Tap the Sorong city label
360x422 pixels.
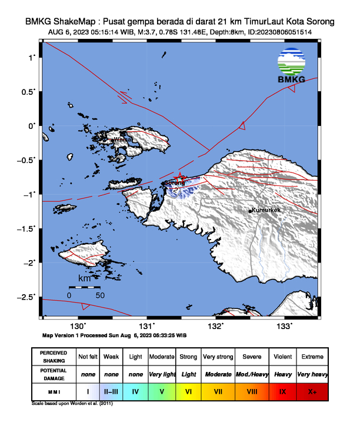175,183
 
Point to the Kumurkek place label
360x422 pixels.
265,210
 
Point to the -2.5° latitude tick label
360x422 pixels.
27,297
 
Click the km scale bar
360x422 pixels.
84,287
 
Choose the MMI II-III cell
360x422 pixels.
111,390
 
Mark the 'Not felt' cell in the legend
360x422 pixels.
88,357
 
